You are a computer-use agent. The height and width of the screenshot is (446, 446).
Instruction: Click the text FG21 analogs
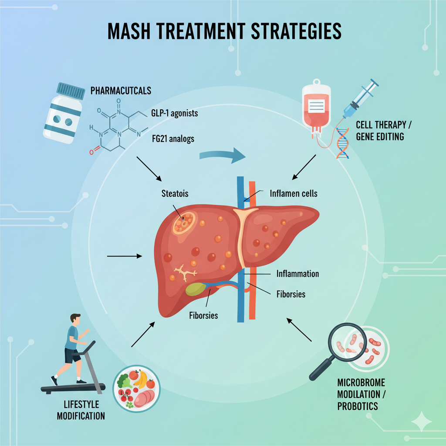[x=174, y=139]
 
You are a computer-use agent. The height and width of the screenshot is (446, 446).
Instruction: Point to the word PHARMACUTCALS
[x=121, y=91]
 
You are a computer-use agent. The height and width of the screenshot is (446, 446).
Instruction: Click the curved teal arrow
[x=220, y=155]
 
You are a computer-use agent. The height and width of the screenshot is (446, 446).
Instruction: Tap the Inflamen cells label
[x=293, y=193]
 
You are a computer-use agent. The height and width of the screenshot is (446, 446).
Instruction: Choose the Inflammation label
[x=297, y=274]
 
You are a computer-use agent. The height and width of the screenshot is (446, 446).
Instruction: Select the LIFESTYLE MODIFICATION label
[x=81, y=411]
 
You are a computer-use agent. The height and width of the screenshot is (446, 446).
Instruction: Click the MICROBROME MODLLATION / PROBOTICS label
[x=361, y=395]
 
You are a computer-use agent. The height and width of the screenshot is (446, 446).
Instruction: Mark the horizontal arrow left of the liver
[x=124, y=256]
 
